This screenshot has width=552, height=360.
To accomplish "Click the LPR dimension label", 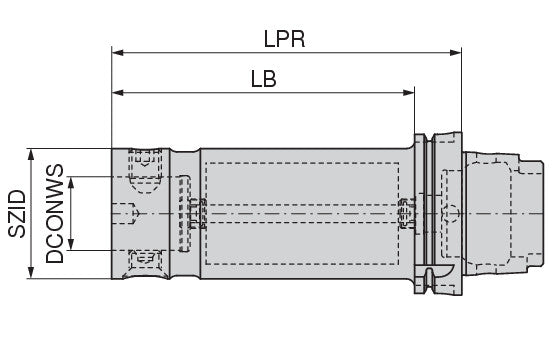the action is (284, 39).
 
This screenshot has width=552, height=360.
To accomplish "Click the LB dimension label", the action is (263, 79).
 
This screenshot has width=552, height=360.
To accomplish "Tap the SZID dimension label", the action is (17, 214).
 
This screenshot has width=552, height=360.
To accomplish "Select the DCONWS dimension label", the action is (55, 214).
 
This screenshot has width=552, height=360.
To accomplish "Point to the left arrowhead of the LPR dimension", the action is (118, 53).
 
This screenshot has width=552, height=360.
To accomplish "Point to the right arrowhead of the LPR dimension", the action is (456, 53).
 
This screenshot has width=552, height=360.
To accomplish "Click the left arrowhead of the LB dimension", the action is (118, 93).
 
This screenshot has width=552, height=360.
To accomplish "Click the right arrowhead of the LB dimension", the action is (408, 93).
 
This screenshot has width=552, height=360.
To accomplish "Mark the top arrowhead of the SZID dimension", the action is (31, 154).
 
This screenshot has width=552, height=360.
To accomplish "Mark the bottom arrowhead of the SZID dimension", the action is (31, 273).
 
